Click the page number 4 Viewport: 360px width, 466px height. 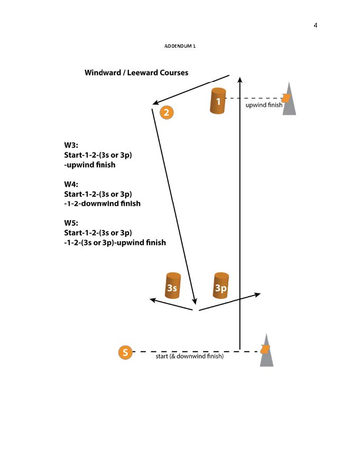tap(316, 25)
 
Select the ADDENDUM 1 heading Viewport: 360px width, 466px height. tap(180, 47)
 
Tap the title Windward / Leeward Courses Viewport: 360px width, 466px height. tap(136, 72)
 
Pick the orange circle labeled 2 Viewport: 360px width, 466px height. tap(167, 112)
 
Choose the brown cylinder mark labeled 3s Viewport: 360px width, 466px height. tap(172, 286)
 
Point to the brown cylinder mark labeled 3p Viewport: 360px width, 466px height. tap(221, 286)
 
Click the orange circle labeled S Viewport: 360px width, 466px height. tap(125, 352)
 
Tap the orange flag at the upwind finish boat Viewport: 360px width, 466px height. tap(286, 98)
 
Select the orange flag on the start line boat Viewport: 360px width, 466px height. tap(265, 349)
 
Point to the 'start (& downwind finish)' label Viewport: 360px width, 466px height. tap(190, 357)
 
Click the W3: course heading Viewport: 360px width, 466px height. tap(71, 145)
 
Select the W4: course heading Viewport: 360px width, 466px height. tap(71, 184)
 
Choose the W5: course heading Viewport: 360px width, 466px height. tap(71, 223)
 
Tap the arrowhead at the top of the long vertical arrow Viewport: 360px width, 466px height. tap(240, 80)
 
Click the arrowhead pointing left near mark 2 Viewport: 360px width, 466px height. tap(156, 102)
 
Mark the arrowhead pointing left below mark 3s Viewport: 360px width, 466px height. tap(153, 300)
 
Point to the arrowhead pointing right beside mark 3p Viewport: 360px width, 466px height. tap(257, 294)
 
